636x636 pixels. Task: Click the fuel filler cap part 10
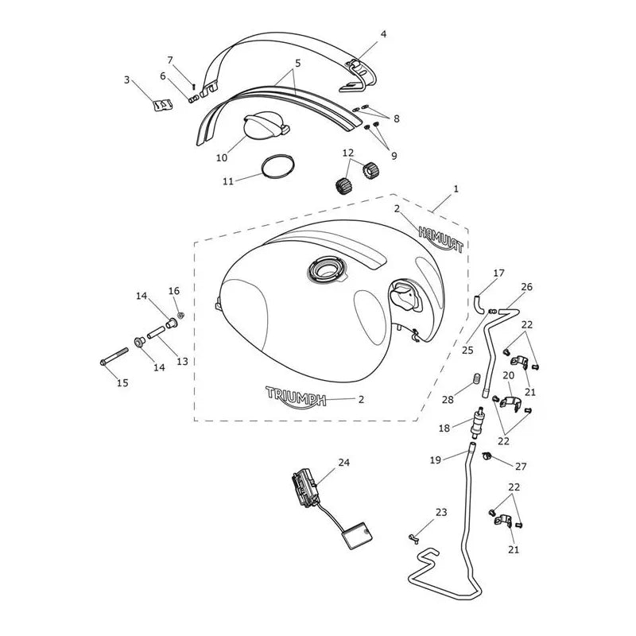(x=265, y=126)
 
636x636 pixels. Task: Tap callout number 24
(x=344, y=462)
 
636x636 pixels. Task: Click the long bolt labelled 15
(x=114, y=355)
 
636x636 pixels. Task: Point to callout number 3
(x=127, y=80)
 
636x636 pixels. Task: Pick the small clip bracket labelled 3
(x=163, y=105)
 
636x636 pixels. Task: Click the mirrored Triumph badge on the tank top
(x=440, y=239)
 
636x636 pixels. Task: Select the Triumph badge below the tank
(x=296, y=397)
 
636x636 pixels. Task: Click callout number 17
(x=498, y=273)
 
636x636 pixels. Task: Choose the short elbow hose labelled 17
(x=479, y=304)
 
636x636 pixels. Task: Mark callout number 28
(x=448, y=400)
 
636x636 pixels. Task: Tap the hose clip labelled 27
(x=487, y=456)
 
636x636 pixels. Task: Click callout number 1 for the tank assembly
(x=456, y=189)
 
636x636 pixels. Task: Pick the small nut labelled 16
(x=181, y=315)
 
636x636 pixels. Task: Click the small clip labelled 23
(x=413, y=539)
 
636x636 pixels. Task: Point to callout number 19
(x=435, y=460)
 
